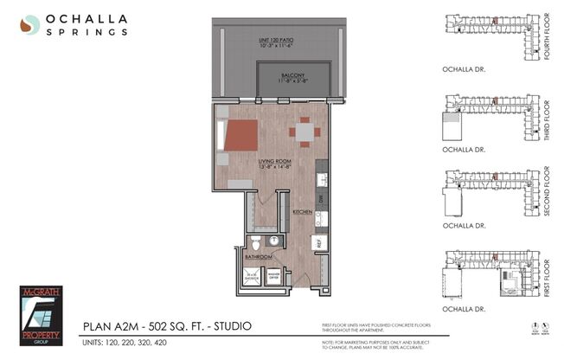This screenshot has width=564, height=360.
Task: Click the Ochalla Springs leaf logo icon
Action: pyautogui.click(x=30, y=24)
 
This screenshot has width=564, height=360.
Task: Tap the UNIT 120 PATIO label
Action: pyautogui.click(x=277, y=42)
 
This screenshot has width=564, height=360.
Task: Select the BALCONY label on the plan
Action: pyautogui.click(x=294, y=74)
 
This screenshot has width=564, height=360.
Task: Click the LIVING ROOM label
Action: pyautogui.click(x=273, y=161)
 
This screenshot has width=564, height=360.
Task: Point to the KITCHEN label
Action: pyautogui.click(x=302, y=211)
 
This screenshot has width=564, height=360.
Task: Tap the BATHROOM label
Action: pyautogui.click(x=258, y=257)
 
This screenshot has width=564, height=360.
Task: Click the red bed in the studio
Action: pyautogui.click(x=240, y=136)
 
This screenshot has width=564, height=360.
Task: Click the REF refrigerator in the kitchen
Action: pyautogui.click(x=318, y=244)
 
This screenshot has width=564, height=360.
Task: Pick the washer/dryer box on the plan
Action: pyautogui.click(x=272, y=276)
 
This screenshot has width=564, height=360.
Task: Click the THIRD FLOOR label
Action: pyautogui.click(x=546, y=119)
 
